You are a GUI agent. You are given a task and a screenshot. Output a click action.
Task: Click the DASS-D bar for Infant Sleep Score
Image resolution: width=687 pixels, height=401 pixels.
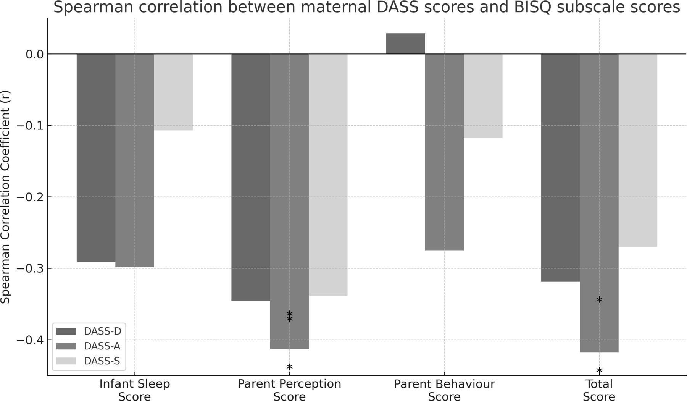(x=96, y=158)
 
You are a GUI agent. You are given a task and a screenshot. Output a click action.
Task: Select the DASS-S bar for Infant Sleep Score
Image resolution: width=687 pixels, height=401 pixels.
(x=173, y=92)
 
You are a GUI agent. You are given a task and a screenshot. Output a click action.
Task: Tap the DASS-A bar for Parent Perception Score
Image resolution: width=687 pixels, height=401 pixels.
(x=289, y=201)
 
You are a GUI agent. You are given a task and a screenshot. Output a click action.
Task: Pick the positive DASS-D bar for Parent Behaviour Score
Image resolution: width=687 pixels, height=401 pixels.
(x=405, y=44)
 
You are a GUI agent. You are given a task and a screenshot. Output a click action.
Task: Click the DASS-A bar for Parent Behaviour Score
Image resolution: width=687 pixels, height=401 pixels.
(x=444, y=152)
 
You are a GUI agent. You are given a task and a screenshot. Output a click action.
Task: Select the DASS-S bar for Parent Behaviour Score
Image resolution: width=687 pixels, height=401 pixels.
(x=483, y=96)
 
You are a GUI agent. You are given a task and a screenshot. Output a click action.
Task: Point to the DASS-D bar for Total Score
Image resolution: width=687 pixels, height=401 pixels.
(x=560, y=168)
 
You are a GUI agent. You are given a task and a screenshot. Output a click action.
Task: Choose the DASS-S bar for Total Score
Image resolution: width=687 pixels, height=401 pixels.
(x=638, y=150)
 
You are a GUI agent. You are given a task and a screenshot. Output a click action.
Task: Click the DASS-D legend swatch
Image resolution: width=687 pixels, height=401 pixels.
(x=66, y=331)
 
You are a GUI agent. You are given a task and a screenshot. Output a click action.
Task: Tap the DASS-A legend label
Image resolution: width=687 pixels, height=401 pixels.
(x=102, y=346)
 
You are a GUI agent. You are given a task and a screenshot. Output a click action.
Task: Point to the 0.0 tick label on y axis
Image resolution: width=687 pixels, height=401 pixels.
(x=34, y=54)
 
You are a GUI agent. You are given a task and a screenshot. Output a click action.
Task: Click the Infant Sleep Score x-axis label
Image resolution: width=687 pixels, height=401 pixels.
(x=134, y=390)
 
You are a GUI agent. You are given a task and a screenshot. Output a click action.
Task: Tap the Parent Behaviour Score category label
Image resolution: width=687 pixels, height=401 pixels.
(x=444, y=390)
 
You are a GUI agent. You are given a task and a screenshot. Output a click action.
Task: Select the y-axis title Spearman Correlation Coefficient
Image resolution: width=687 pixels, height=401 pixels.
(x=5, y=197)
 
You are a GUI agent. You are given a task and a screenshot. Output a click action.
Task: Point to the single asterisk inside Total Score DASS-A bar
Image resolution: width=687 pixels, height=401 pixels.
(x=599, y=300)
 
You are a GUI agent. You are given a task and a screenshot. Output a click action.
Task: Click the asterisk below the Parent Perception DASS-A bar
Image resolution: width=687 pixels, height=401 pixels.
(x=289, y=367)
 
